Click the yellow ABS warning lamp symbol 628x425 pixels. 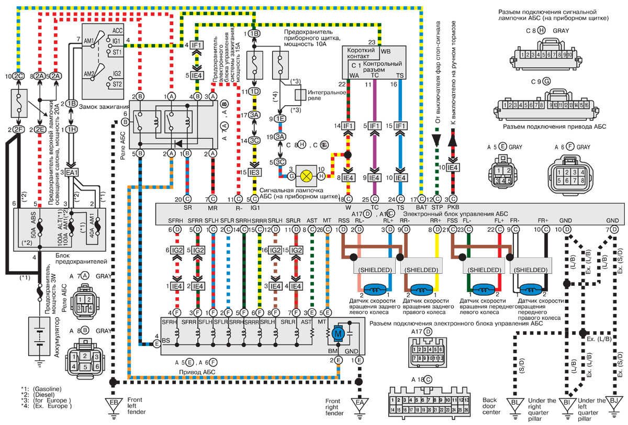305,174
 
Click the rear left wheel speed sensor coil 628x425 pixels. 374,289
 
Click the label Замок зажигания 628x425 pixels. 103,106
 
